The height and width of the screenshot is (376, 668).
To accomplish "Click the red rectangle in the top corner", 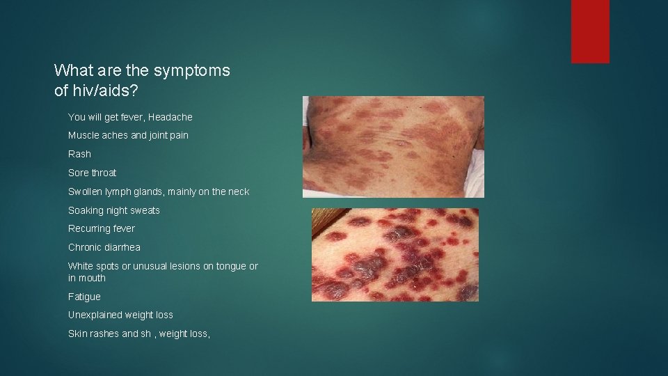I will coord(590,31).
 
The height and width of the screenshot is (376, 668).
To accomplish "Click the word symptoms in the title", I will coord(191,70).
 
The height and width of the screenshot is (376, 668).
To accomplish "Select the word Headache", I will coord(170,117).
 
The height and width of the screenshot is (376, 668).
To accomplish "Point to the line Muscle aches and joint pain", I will coord(128,135).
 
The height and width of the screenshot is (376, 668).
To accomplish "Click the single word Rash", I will coord(79,154).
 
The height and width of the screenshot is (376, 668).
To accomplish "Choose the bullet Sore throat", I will coord(92,173).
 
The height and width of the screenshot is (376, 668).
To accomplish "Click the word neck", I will coord(238,191).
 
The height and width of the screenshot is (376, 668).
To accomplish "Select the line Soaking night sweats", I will coord(113,210).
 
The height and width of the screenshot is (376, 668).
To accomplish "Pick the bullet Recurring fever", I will coord(102,228).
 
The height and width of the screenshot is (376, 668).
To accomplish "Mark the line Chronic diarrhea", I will coord(104,247).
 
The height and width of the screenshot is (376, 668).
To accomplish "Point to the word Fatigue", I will coord(84,297).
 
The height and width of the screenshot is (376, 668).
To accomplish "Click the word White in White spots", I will coord(80,266).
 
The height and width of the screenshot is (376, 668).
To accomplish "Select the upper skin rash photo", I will coord(393,146).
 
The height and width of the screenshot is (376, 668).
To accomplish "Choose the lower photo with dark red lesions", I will coord(395,254).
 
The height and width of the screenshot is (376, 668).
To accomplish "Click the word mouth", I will coord(93,278).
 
